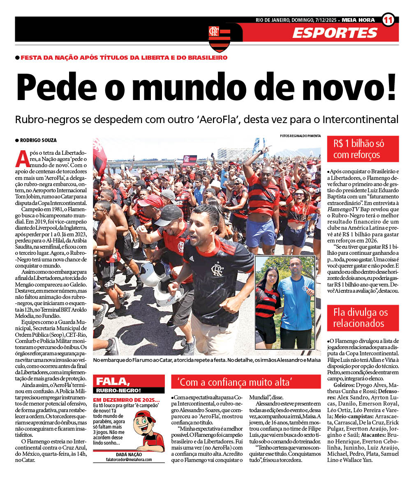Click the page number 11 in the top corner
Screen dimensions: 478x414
pos(388,19)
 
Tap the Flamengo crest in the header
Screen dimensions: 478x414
pos(219,38)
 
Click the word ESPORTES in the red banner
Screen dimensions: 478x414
pos(335,33)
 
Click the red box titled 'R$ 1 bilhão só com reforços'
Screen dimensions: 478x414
pos(363,149)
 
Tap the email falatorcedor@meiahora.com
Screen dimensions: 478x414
pos(128,459)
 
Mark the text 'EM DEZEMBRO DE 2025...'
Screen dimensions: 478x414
pos(126,400)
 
